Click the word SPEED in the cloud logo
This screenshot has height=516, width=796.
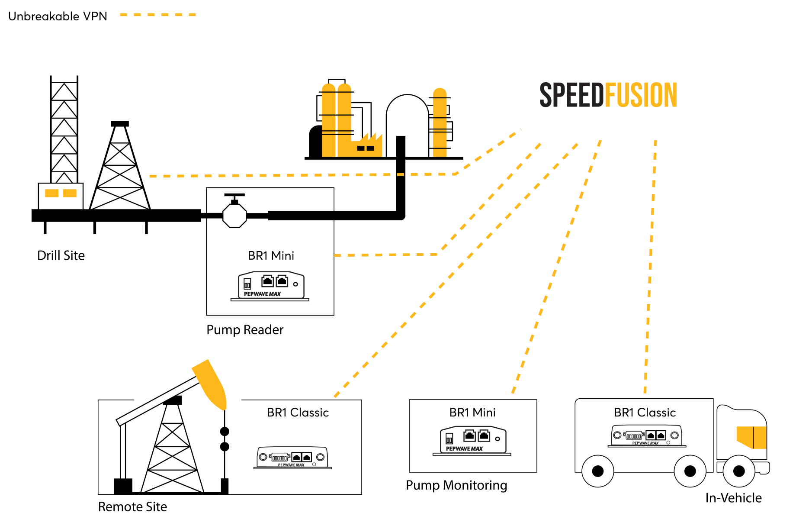tap(571, 95)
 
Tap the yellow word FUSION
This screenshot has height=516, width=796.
tap(641, 95)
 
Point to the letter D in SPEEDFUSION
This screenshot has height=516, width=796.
tap(598, 95)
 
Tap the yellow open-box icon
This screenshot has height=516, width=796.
tap(752, 437)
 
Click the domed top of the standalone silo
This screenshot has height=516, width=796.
tap(440, 92)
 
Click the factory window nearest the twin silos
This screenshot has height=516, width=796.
tap(360, 148)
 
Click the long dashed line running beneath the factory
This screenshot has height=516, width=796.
tap(303, 175)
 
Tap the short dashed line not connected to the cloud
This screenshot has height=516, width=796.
tap(158, 15)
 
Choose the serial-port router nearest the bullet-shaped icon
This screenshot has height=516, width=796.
tap(292, 458)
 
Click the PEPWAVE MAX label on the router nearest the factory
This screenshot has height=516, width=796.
tap(262, 294)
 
